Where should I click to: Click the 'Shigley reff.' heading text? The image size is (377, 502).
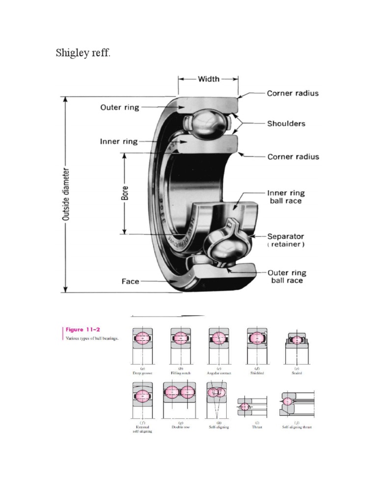click(83, 53)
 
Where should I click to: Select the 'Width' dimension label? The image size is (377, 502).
click(208, 79)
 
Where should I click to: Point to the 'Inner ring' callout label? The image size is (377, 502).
click(119, 142)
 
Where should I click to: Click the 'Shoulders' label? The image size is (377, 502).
click(286, 124)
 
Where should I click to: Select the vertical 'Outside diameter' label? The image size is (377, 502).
click(65, 195)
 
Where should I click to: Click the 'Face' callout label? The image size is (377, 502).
click(130, 281)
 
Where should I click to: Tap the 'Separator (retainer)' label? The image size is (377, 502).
click(286, 240)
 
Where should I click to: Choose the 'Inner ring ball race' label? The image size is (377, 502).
click(284, 197)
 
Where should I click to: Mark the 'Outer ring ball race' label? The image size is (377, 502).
click(287, 276)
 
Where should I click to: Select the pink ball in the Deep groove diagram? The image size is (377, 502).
click(142, 338)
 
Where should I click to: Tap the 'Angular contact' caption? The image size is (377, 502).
click(219, 373)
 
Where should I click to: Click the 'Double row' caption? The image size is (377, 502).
click(180, 427)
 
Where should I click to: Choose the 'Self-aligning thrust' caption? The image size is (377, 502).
click(296, 427)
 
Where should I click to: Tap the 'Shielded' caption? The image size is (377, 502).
click(257, 373)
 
